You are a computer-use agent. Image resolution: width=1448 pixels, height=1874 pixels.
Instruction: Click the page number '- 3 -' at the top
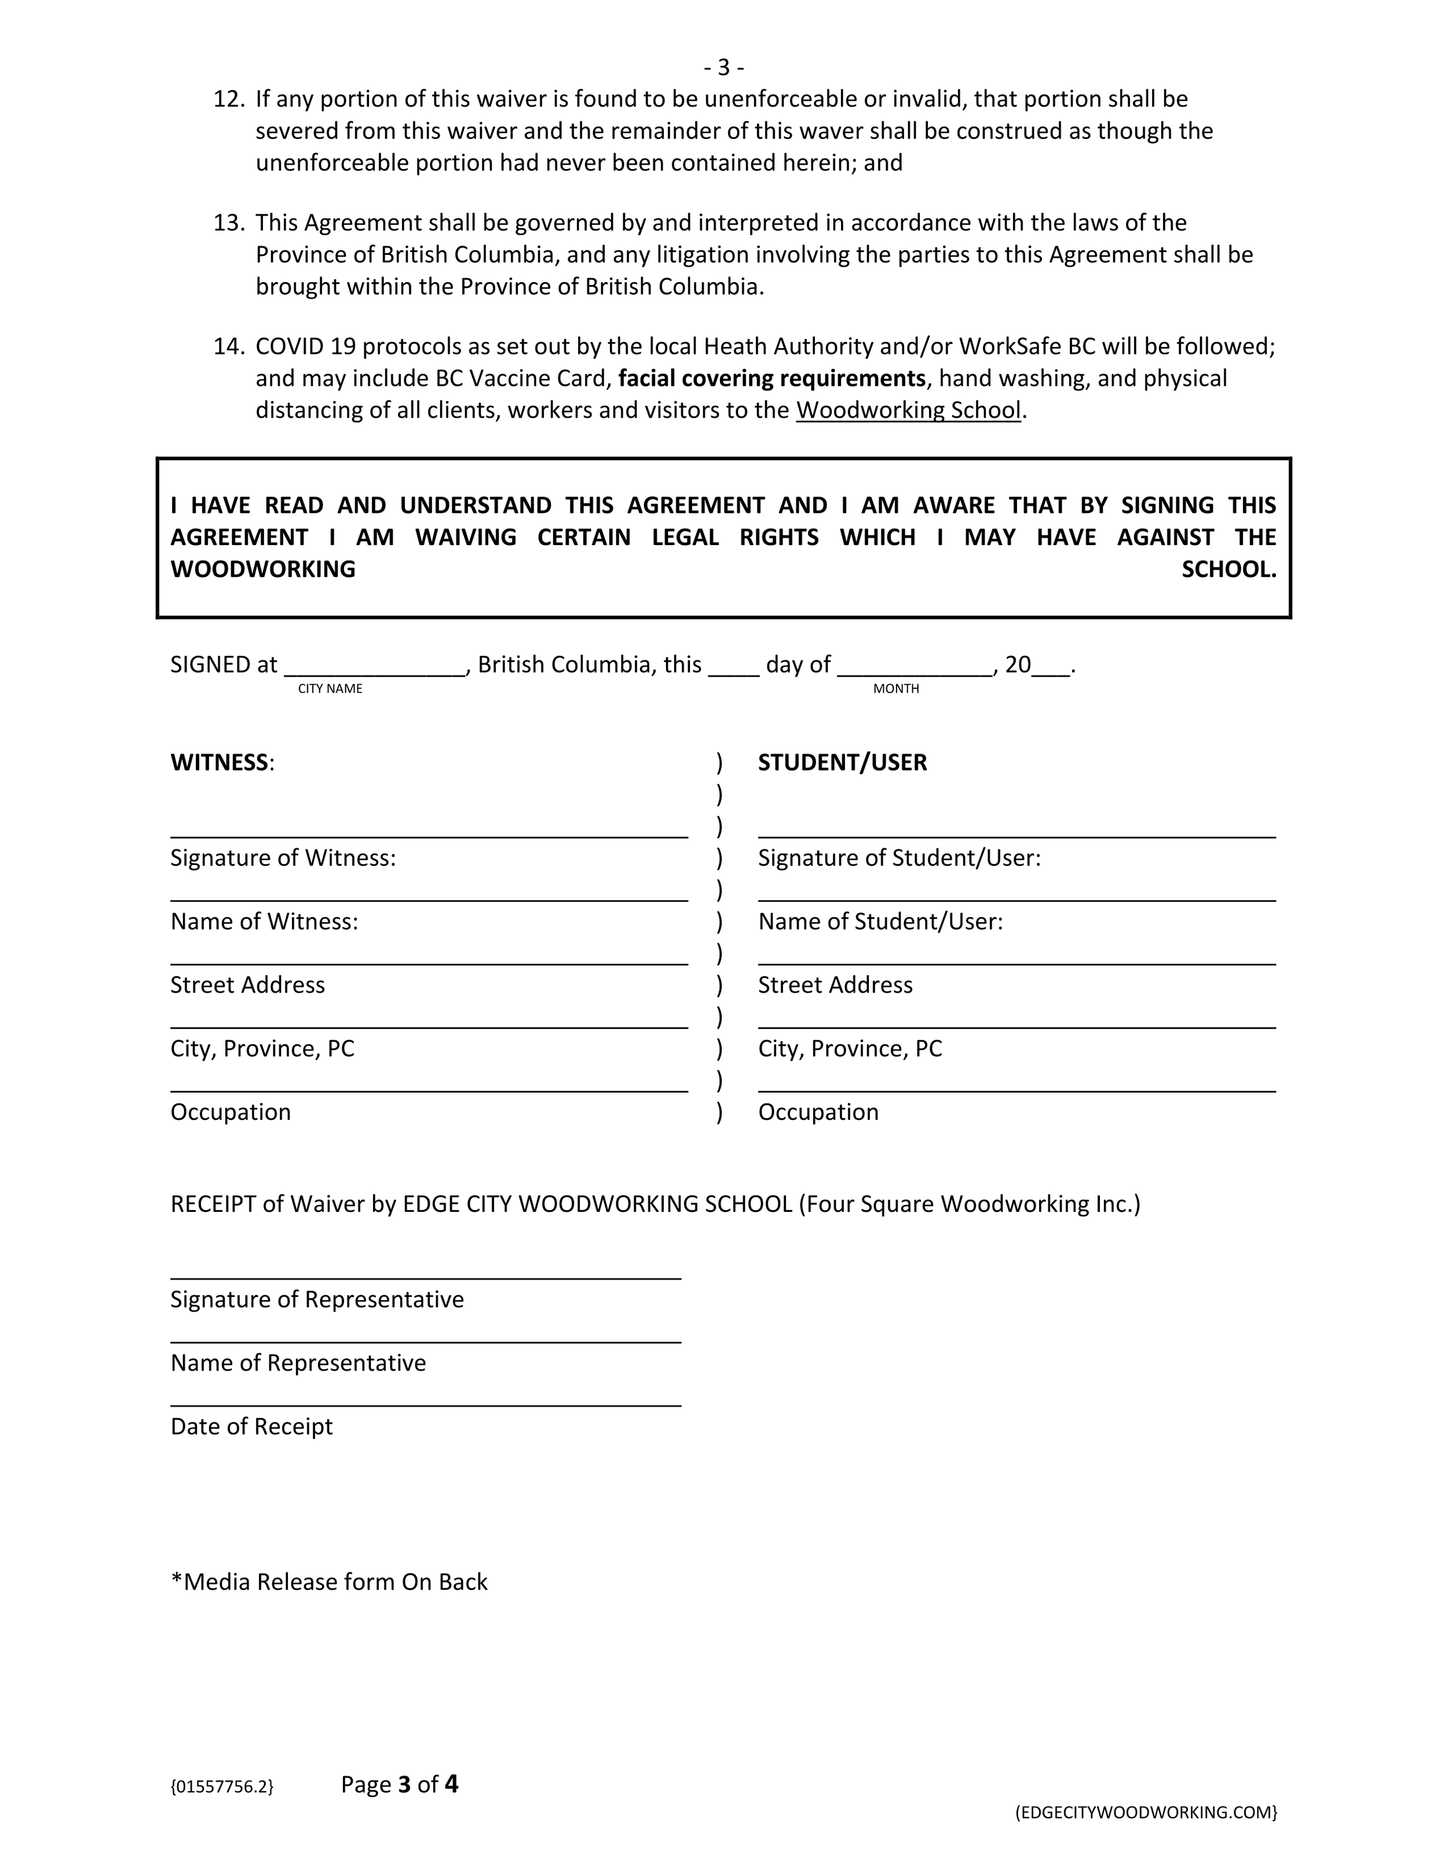(x=723, y=67)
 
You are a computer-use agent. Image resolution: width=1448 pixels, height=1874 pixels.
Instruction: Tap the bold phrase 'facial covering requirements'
(x=771, y=378)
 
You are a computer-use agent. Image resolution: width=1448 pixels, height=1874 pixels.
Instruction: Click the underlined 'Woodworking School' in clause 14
(x=908, y=410)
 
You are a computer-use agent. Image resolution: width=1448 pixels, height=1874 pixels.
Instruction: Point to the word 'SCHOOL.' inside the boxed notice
(x=1228, y=570)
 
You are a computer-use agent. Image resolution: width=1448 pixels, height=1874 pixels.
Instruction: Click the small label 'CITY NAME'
(x=330, y=689)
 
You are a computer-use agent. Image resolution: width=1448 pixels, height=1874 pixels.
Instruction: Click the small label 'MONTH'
(x=895, y=689)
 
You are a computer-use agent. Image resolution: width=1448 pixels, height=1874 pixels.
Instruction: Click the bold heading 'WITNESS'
(x=220, y=763)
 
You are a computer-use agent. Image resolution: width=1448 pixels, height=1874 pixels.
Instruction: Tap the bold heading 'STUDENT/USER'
(x=842, y=763)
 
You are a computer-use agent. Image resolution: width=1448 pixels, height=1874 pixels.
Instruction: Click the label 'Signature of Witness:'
(x=283, y=858)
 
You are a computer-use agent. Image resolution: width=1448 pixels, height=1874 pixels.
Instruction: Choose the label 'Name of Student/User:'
(x=880, y=922)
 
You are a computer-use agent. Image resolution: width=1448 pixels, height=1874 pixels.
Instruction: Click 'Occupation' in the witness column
(x=231, y=1112)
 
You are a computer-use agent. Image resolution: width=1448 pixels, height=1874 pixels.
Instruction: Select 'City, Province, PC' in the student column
(x=849, y=1049)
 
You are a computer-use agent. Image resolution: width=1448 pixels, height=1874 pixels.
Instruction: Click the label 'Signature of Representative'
(x=317, y=1299)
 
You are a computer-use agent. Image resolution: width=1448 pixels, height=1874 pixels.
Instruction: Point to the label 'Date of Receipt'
(x=251, y=1426)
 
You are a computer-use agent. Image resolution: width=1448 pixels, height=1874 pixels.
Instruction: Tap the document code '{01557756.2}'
(x=222, y=1787)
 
